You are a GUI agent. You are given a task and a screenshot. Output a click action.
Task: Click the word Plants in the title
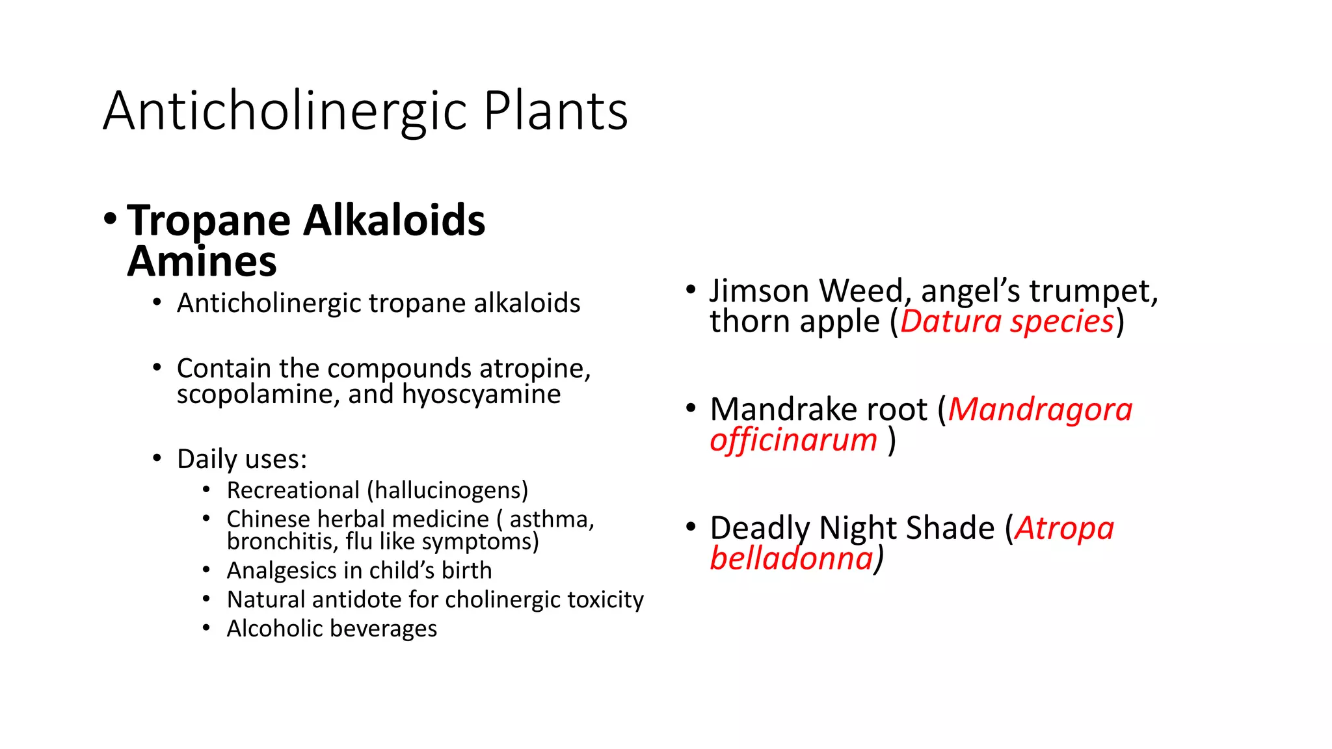click(555, 111)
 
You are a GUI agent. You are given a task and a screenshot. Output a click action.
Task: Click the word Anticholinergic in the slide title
click(285, 111)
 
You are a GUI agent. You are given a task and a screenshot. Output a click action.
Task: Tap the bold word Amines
click(202, 261)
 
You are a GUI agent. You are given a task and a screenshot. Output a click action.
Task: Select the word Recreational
click(293, 490)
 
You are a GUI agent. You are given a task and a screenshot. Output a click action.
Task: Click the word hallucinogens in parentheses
click(448, 490)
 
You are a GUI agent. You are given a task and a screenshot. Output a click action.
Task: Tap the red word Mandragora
click(1040, 410)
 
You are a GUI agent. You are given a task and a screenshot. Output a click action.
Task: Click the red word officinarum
click(793, 440)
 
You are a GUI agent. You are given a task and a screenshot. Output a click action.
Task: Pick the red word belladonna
click(792, 558)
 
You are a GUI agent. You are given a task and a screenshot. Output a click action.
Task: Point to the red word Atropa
click(1064, 528)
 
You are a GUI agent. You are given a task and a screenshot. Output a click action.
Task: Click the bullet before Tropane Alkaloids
click(110, 219)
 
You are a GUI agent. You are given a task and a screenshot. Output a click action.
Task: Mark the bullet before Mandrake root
click(691, 409)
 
